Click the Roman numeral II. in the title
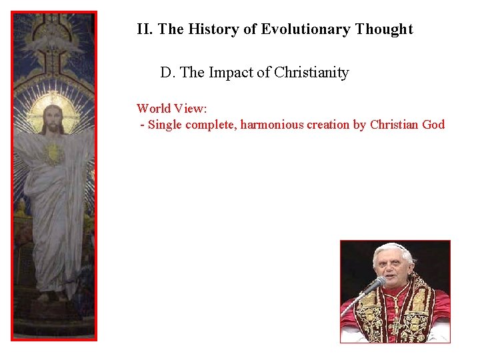(145, 29)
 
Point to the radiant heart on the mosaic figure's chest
(53, 154)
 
